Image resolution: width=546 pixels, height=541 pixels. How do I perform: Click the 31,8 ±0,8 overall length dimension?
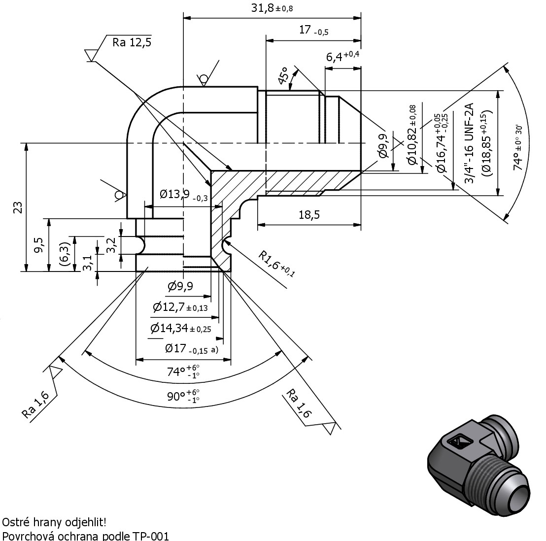[x=272, y=8]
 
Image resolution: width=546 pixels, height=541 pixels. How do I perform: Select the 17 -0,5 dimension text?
[x=314, y=30]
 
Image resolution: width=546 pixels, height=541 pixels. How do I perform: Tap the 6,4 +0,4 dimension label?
[x=342, y=56]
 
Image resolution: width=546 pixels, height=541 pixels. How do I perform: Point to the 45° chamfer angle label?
[x=283, y=75]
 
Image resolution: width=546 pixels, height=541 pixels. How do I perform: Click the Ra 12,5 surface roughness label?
[x=132, y=42]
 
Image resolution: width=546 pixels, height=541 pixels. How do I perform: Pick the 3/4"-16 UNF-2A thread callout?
[x=470, y=143]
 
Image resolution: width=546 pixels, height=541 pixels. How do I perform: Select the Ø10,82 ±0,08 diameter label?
[x=412, y=135]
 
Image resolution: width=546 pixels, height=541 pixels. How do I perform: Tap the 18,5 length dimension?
[x=309, y=215]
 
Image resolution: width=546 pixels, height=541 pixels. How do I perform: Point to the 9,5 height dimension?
[x=40, y=245]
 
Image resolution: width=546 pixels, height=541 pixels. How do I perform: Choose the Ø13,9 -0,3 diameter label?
[x=183, y=195]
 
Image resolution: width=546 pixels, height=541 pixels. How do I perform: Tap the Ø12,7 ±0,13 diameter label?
[x=180, y=307]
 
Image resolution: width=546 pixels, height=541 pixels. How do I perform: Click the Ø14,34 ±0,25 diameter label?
[x=181, y=328]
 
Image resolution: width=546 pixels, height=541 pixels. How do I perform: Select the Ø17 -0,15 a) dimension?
[x=192, y=348]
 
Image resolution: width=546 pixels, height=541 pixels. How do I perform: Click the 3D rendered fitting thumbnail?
[x=479, y=466]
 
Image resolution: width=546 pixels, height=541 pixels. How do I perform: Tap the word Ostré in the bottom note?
[x=15, y=522]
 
